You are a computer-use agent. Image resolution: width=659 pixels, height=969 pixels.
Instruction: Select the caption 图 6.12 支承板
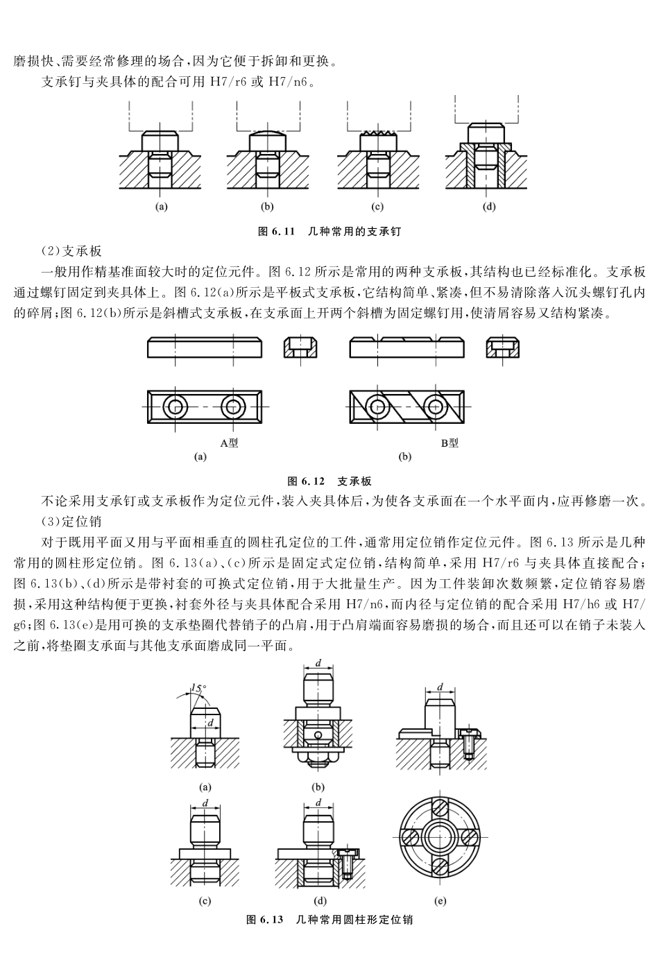coord(329,481)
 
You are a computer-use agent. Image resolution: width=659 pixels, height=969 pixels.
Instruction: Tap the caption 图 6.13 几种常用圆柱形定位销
coord(329,920)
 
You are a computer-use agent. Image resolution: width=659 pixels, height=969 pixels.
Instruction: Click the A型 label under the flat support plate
coord(228,443)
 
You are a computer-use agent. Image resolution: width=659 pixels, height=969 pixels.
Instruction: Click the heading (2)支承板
coord(72,250)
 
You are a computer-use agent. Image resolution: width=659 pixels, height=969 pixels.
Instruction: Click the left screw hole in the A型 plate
coord(176,406)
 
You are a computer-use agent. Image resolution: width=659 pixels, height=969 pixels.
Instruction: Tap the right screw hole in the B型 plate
coord(436,406)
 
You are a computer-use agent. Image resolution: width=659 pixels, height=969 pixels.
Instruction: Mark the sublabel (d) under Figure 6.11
coord(489,206)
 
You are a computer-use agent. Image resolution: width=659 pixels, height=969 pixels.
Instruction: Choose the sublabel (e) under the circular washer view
coord(440,901)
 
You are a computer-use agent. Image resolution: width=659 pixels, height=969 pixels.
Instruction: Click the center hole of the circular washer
coord(440,835)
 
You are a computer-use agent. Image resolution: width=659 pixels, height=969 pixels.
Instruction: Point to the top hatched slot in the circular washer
coord(440,806)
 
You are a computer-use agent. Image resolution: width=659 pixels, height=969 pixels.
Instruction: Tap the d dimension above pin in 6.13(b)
coord(318,663)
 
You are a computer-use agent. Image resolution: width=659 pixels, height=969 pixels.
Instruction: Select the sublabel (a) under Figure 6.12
coord(200,456)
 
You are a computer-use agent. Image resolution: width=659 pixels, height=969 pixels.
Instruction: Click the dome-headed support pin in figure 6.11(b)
coord(267,139)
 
